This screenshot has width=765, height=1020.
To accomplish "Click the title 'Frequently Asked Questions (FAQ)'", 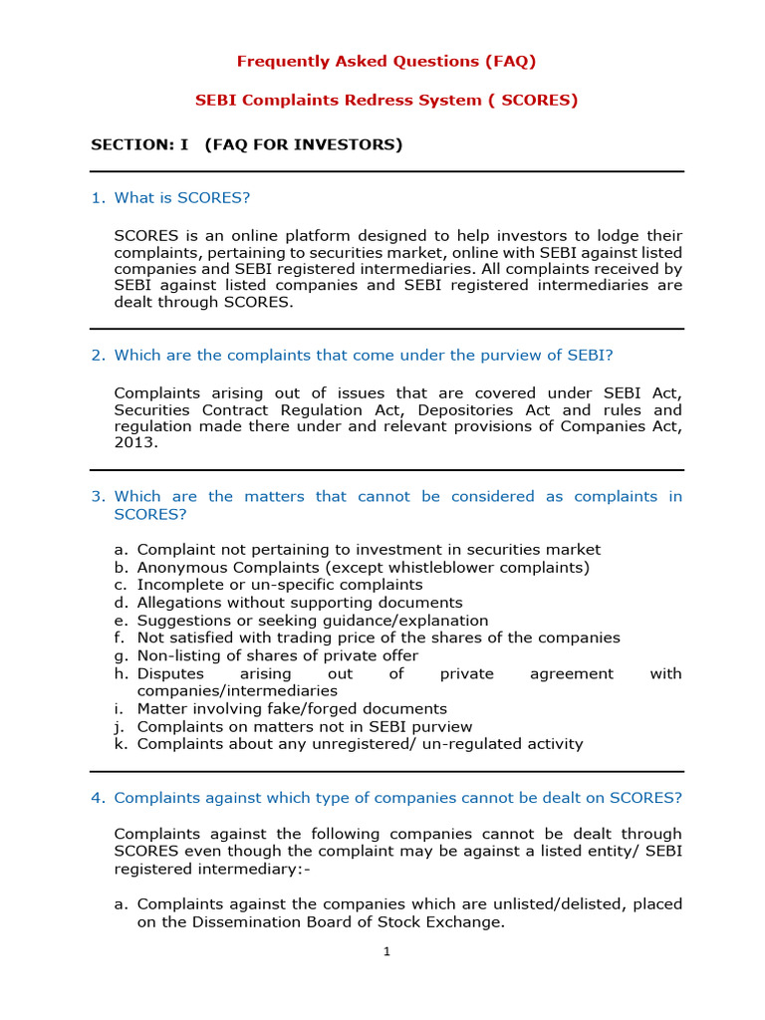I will (x=385, y=61).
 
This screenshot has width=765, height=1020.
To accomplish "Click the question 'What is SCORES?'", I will (x=181, y=197).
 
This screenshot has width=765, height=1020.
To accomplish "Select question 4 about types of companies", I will (x=397, y=797).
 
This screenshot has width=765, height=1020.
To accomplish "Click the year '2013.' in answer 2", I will (x=136, y=443).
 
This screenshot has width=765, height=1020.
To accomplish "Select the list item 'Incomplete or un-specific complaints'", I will (x=280, y=585).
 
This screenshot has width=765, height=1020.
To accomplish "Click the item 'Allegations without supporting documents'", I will (x=300, y=603).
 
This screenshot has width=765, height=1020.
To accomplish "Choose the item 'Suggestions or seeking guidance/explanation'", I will (x=313, y=621).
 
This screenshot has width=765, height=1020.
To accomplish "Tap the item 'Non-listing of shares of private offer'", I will (x=278, y=655).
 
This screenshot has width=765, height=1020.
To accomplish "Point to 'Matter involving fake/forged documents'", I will (x=292, y=708).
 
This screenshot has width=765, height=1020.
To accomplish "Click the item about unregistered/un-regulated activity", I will (x=360, y=744).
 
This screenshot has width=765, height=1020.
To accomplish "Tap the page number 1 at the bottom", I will (x=386, y=951).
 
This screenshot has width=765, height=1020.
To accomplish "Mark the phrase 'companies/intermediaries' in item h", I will (x=237, y=690).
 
